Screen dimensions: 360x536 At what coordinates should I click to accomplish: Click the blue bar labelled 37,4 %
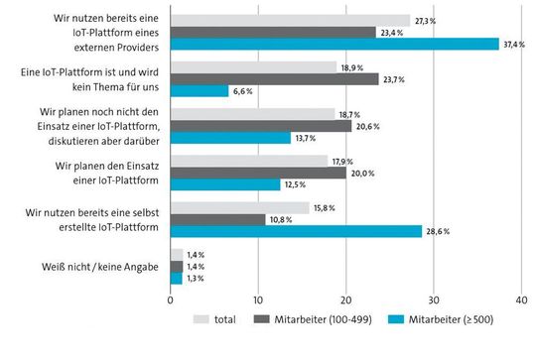(335, 44)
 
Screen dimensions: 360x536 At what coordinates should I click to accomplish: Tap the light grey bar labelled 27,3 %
(290, 20)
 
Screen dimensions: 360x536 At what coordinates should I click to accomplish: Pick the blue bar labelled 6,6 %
(200, 90)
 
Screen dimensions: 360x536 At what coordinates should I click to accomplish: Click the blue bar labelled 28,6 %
(296, 231)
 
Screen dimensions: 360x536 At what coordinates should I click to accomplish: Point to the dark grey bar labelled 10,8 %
(217, 219)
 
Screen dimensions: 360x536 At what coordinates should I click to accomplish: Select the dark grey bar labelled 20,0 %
(258, 173)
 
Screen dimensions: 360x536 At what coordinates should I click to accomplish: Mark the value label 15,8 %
(325, 207)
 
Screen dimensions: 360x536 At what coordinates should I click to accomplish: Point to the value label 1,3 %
(197, 279)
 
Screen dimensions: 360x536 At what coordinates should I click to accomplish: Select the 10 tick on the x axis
(258, 300)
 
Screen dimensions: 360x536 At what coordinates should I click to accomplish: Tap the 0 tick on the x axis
(171, 300)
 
